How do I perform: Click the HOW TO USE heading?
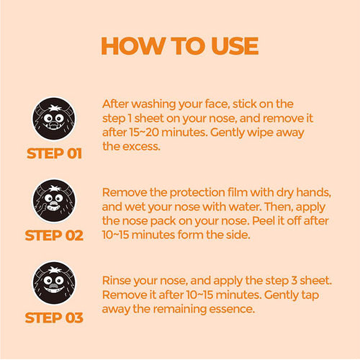(x=180, y=45)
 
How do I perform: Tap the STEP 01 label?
(x=54, y=153)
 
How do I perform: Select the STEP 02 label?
(x=54, y=235)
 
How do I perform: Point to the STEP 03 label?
(x=54, y=318)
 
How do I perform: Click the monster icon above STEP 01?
(x=54, y=119)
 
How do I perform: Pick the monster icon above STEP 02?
(x=54, y=201)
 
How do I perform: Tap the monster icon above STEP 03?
(x=54, y=282)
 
